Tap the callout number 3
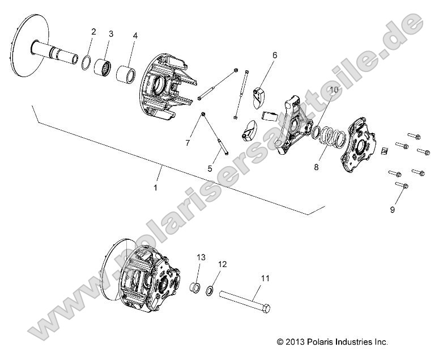[111, 34]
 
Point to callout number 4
[135, 36]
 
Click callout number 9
[392, 210]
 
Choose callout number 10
[334, 90]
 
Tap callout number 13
[199, 257]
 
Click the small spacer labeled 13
[194, 287]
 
